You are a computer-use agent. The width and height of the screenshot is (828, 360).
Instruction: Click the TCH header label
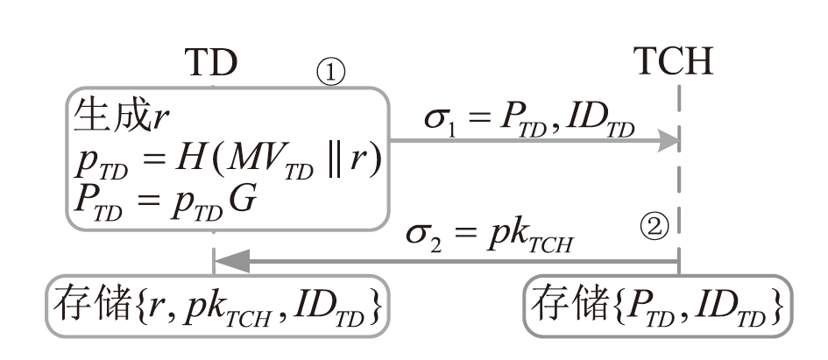click(678, 62)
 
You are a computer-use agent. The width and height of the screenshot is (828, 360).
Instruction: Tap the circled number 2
click(655, 229)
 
